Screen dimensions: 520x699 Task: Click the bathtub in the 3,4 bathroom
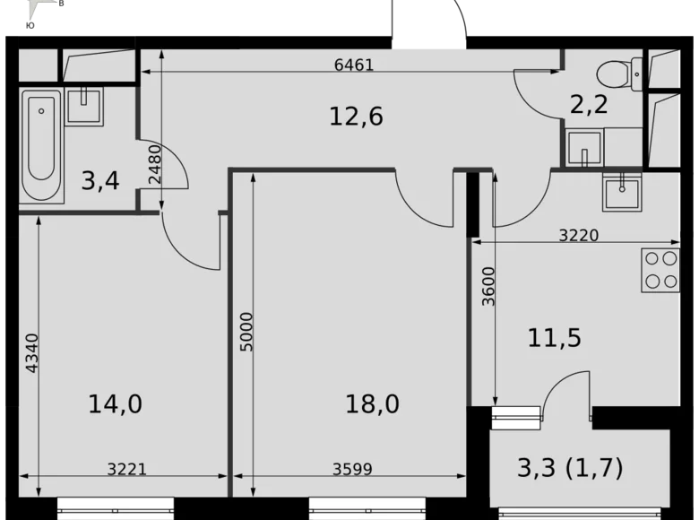pos(42,145)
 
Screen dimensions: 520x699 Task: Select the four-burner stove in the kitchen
pos(660,270)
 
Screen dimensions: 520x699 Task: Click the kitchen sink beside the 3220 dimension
pos(621,191)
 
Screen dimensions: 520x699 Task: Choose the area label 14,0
pos(115,403)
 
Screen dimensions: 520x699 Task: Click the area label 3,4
pos(99,181)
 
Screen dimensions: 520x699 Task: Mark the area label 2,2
pos(589,105)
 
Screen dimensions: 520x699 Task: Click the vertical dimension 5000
pos(247,331)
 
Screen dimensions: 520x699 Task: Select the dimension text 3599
pos(352,468)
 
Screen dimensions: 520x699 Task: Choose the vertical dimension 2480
pos(154,164)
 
